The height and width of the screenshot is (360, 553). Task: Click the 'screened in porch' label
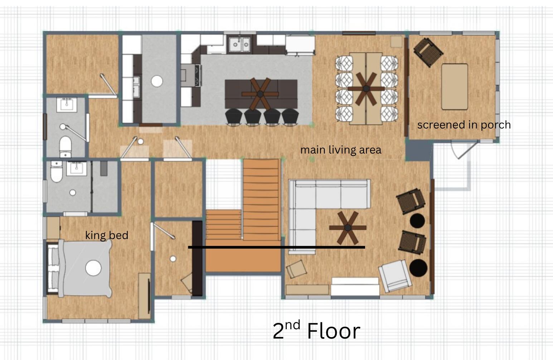click(x=464, y=125)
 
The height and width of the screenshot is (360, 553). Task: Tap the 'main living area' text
click(x=341, y=150)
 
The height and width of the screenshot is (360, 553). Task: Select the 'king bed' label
click(x=107, y=235)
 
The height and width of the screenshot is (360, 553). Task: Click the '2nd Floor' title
click(x=316, y=330)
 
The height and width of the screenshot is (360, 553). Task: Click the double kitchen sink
click(x=239, y=44)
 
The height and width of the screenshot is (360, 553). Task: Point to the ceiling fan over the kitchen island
click(x=260, y=94)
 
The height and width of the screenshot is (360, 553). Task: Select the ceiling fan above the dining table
click(x=366, y=89)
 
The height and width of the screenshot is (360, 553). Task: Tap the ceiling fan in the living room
click(x=348, y=228)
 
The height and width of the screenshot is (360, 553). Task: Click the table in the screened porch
click(x=455, y=87)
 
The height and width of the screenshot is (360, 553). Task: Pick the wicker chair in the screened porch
click(x=428, y=52)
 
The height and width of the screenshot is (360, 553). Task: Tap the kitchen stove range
click(x=191, y=75)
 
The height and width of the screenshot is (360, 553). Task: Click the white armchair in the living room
click(x=395, y=276)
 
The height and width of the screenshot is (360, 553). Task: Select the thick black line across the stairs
click(x=276, y=247)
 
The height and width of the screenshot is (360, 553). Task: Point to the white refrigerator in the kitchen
click(x=300, y=45)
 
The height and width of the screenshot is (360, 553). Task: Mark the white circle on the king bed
click(x=93, y=268)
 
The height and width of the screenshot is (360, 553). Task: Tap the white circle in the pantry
click(x=157, y=81)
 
